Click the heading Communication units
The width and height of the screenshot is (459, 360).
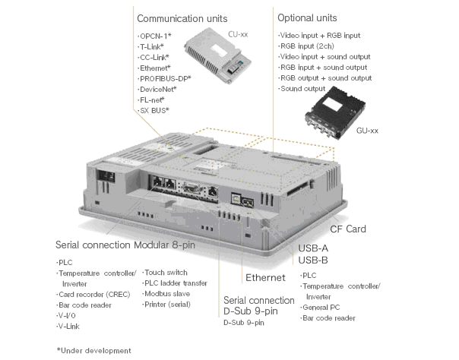(x=180, y=17)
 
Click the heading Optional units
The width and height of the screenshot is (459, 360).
(x=308, y=17)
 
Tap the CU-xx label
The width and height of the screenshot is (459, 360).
(x=237, y=34)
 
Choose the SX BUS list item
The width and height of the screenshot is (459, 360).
(x=155, y=111)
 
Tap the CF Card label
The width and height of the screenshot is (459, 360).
(x=347, y=229)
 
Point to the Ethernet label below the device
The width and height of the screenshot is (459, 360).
(x=265, y=279)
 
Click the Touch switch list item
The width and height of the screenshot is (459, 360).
(x=166, y=273)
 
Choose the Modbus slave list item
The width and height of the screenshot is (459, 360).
(x=166, y=294)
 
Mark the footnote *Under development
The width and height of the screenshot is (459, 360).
(x=90, y=350)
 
